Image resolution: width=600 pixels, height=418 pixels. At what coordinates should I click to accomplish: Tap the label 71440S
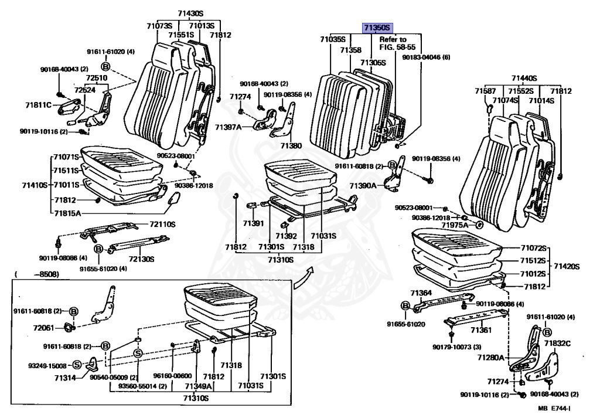(x=524, y=77)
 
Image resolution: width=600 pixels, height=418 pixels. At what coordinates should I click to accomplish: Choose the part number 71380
(x=291, y=145)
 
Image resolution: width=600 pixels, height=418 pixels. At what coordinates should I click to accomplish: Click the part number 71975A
(x=455, y=225)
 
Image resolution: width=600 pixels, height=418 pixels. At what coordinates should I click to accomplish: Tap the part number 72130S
(x=141, y=259)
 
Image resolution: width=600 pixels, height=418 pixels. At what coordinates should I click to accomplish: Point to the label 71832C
(x=557, y=343)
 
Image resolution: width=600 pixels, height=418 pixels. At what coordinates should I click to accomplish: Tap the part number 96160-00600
(x=172, y=376)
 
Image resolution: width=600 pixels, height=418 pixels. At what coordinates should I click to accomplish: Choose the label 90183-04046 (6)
(x=426, y=57)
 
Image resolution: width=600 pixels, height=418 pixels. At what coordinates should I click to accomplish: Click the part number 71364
(x=421, y=293)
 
